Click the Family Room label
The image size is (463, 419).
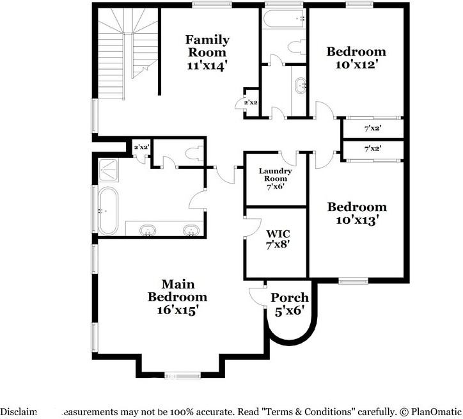pos(207,52)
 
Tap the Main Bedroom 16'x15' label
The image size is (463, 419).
pos(177,297)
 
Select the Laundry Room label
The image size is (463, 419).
pos(276,178)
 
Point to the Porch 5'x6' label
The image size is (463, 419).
pos(290,304)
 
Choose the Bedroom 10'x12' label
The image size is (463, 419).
pos(356,58)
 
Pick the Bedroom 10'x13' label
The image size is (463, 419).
pos(357,213)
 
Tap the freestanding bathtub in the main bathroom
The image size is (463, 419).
pos(107,210)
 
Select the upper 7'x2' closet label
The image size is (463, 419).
pos(372,129)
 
